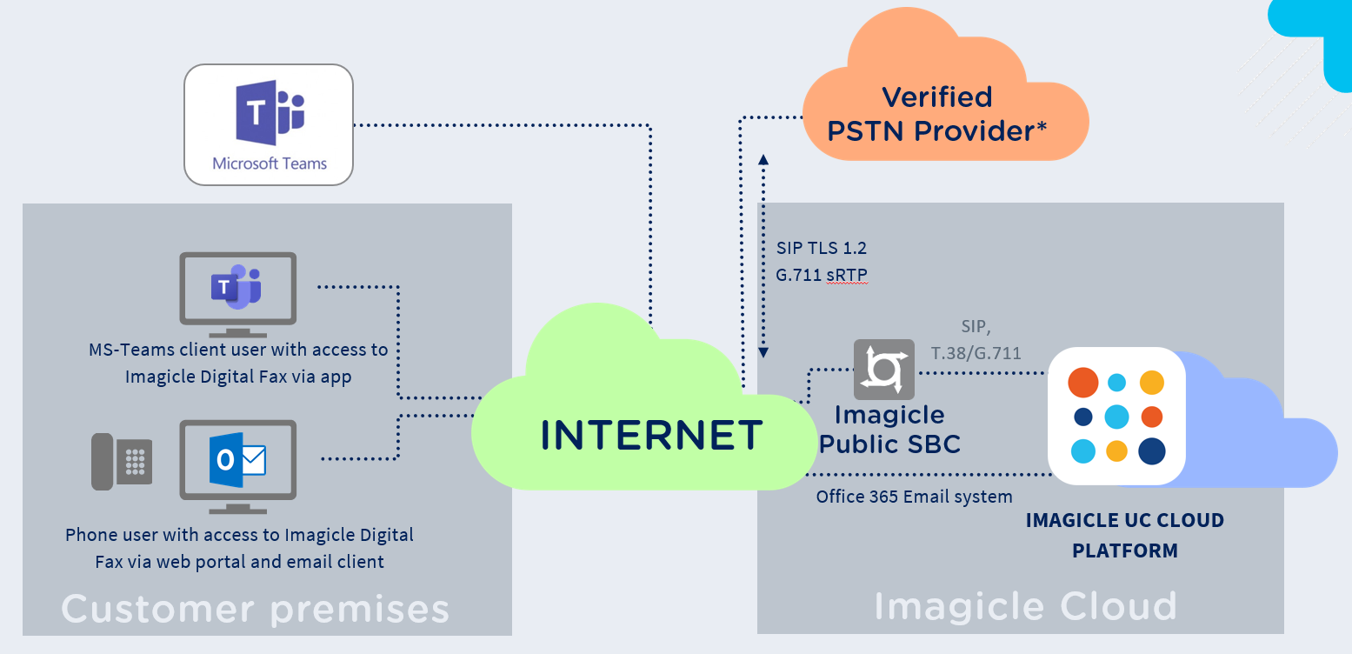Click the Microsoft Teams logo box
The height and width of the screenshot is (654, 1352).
click(x=269, y=124)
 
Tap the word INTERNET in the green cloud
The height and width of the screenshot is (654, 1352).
click(x=651, y=435)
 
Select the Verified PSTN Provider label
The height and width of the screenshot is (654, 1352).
click(x=937, y=114)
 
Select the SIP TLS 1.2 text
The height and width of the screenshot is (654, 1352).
click(x=822, y=248)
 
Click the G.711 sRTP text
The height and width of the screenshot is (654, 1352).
click(x=822, y=275)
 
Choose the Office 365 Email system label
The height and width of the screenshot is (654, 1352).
click(x=914, y=497)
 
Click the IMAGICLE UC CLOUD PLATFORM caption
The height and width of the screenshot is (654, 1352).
click(x=1124, y=535)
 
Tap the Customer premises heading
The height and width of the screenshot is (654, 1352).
click(x=255, y=608)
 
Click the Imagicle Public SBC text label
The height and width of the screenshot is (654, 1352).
click(x=889, y=429)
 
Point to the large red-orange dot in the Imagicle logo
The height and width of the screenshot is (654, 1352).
click(x=1082, y=382)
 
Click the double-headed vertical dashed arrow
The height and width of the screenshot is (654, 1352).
click(x=763, y=257)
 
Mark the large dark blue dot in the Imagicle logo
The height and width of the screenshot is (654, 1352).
click(x=1151, y=451)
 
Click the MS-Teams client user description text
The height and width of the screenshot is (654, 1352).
click(x=238, y=364)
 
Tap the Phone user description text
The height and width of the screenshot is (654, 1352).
click(x=239, y=548)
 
